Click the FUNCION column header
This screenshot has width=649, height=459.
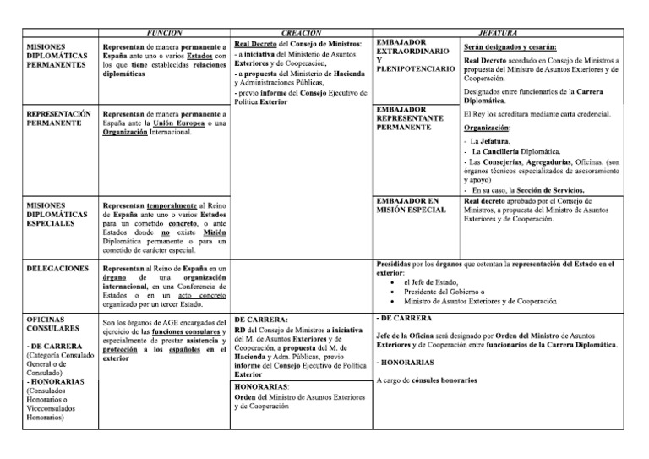pos(163,30)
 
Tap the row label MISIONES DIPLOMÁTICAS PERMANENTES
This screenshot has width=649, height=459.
pos(57,55)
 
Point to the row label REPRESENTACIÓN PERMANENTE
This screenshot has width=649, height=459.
pos(58,117)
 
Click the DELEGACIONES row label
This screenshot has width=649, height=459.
pos(57,269)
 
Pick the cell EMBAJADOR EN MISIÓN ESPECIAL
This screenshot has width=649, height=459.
pos(410,205)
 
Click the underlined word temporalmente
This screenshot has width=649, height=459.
pos(169,205)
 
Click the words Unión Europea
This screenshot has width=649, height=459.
pos(176,123)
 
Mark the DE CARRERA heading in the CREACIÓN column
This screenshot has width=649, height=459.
pos(262,320)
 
